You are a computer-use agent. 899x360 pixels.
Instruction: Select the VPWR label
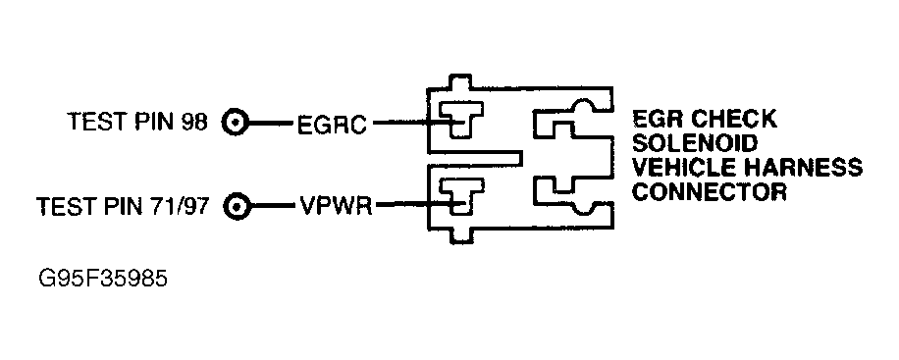coord(335,207)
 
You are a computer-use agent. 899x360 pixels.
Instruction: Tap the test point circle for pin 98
coord(236,124)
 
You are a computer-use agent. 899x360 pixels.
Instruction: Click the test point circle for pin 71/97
coord(236,207)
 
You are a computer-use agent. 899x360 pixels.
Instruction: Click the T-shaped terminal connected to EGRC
coord(457,121)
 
